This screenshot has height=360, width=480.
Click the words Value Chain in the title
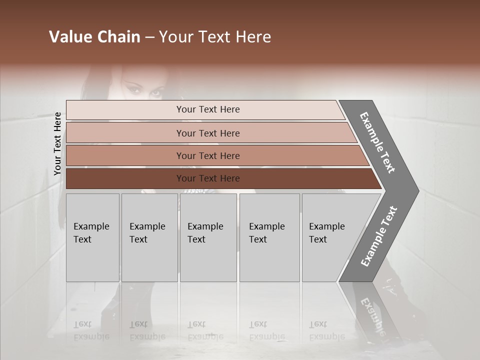(x=94, y=37)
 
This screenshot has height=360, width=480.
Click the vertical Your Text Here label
(x=57, y=143)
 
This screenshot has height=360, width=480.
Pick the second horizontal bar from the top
(x=207, y=133)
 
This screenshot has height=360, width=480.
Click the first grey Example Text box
(x=92, y=237)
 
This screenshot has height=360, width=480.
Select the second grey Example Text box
(x=149, y=237)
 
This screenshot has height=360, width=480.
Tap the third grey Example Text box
(x=208, y=237)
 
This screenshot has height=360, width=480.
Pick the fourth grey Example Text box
(x=269, y=237)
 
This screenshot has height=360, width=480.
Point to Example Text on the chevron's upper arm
(x=377, y=142)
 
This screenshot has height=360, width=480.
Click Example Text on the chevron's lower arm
(x=379, y=236)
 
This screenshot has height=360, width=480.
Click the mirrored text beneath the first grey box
(x=91, y=330)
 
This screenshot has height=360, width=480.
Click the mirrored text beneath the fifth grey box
(x=326, y=330)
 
